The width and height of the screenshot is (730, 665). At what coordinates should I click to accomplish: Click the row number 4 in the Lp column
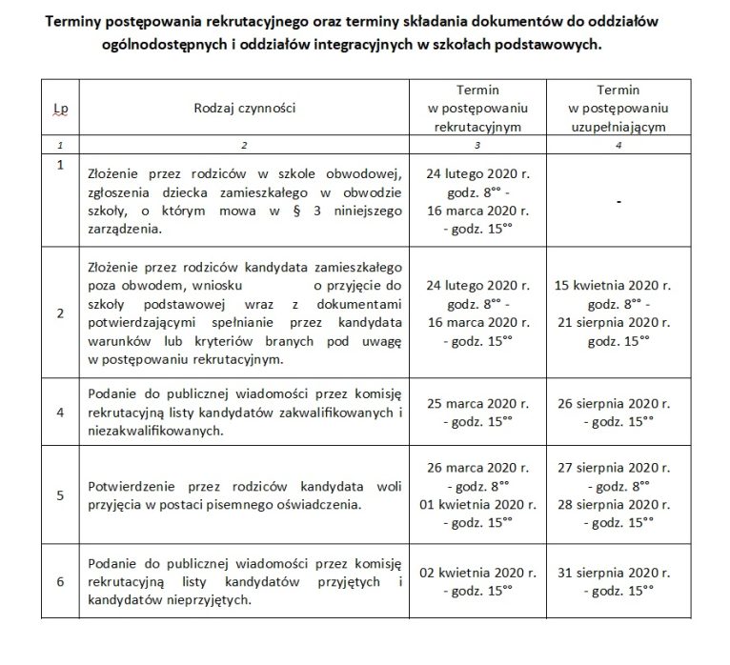pyautogui.click(x=60, y=413)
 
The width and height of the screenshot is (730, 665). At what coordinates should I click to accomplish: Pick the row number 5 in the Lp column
pyautogui.click(x=60, y=495)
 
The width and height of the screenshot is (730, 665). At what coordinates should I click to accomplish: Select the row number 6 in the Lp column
pyautogui.click(x=60, y=582)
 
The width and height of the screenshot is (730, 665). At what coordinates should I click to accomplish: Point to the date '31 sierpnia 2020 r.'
pyautogui.click(x=619, y=574)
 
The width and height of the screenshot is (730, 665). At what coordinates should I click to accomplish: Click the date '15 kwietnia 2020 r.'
pyautogui.click(x=619, y=284)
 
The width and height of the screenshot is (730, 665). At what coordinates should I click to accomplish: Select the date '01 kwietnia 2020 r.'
pyautogui.click(x=473, y=504)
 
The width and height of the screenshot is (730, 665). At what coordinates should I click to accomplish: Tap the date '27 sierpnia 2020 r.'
pyautogui.click(x=619, y=468)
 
